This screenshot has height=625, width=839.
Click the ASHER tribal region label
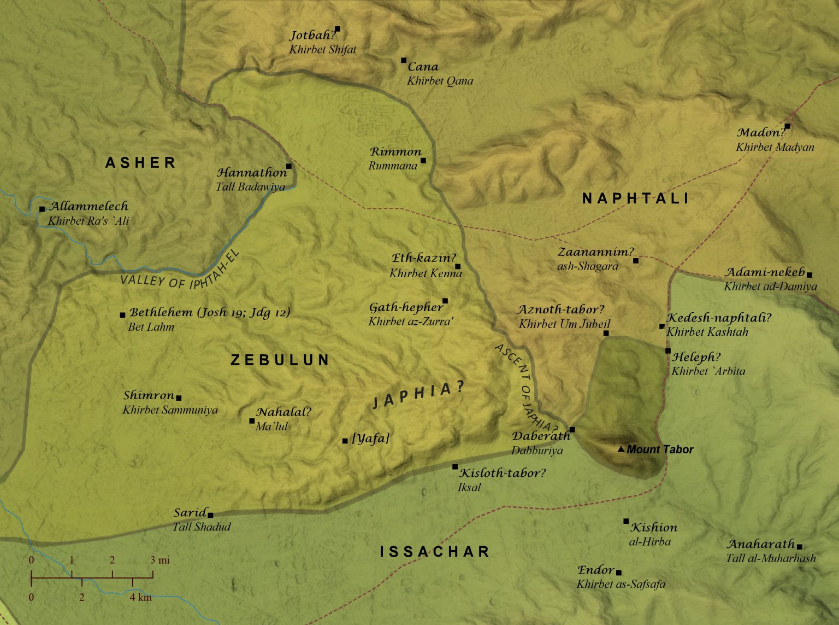pos(140,162)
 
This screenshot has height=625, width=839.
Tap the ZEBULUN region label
pos(280,360)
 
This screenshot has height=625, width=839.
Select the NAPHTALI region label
pos(636,198)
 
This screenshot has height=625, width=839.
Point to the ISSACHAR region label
pos(435,552)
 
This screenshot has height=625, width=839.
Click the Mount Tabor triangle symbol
pos(621,449)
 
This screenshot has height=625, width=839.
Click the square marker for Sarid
pos(210,515)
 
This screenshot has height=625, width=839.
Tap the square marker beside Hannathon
pos(288,166)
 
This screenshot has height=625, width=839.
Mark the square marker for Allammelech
pos(42,209)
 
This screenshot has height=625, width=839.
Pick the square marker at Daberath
pos(572,429)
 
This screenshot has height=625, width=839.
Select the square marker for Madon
pos(787,126)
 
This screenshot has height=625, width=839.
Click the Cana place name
pos(423,67)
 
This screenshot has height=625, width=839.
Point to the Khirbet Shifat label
pos(322,49)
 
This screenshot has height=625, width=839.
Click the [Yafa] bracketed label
pos(371,438)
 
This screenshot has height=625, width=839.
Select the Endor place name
pos(596,570)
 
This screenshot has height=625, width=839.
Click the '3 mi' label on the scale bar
pos(160,560)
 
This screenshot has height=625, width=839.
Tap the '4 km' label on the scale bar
pos(140,597)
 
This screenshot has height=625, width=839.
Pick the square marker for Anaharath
pos(799,546)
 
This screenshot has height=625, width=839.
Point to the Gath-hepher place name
pos(406,307)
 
